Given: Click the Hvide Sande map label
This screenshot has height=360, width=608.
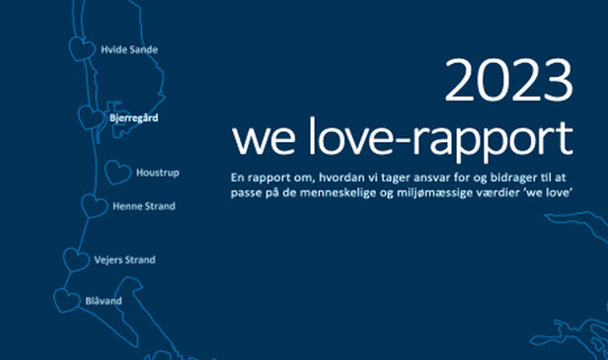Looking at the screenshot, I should [x=129, y=49].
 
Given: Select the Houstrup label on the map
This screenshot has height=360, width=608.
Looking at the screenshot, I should [x=158, y=173].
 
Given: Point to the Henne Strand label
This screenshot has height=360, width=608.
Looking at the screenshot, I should [x=145, y=206].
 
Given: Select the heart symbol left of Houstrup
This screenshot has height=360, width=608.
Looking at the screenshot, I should [x=117, y=173].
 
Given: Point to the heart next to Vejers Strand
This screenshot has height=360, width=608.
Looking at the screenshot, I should [x=75, y=260].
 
